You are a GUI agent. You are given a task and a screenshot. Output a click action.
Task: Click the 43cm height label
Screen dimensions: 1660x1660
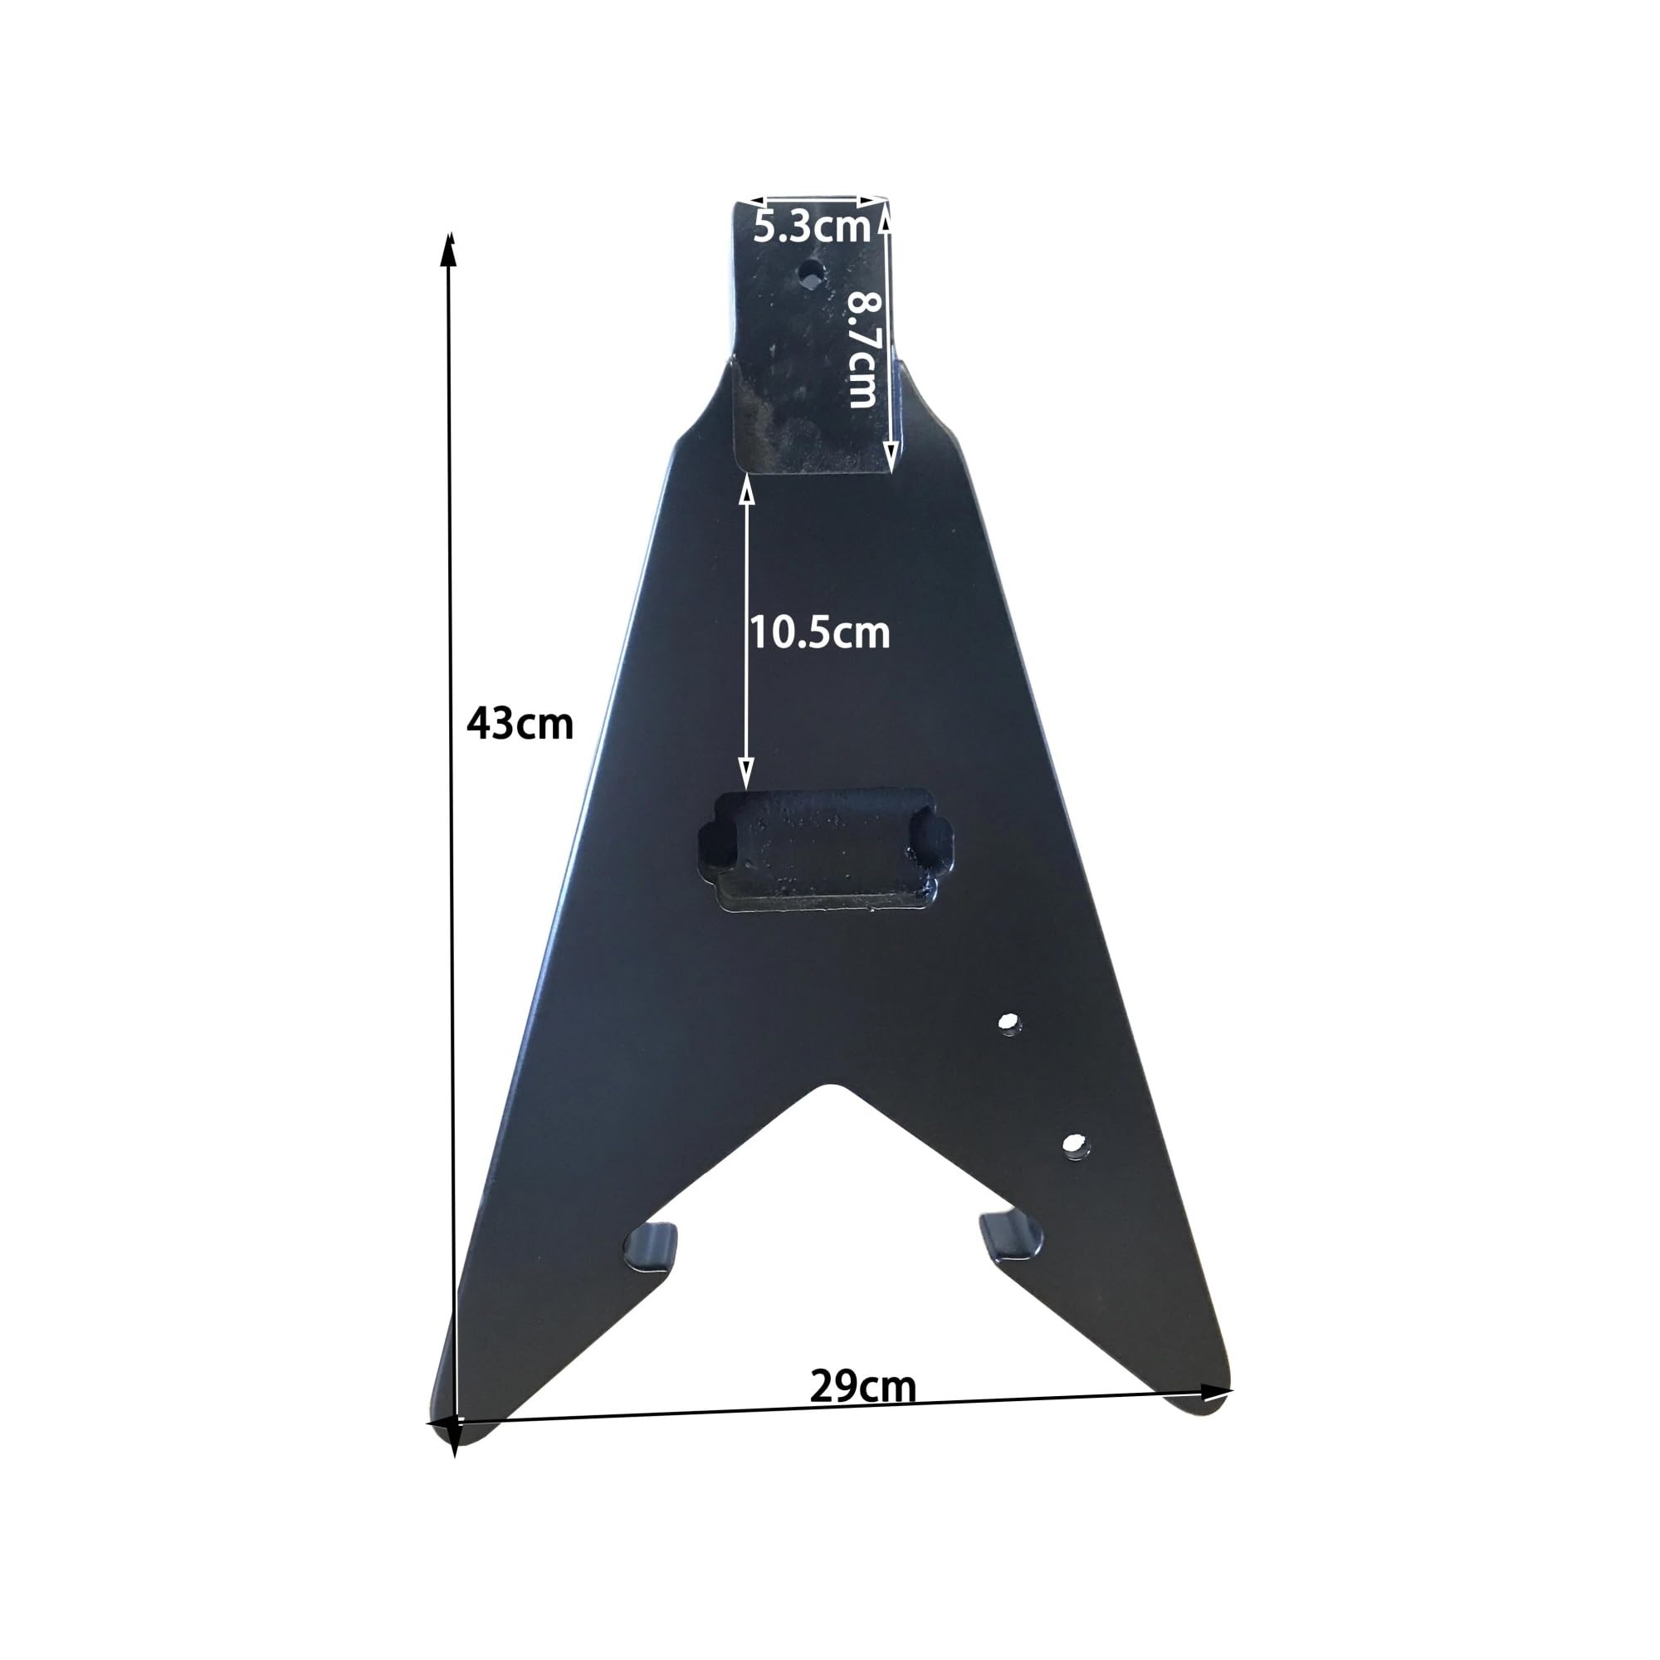coord(519,725)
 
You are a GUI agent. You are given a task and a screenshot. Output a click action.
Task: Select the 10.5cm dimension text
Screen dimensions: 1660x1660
coord(820,633)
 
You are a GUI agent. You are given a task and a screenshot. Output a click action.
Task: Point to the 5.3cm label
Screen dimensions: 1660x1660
coord(812,227)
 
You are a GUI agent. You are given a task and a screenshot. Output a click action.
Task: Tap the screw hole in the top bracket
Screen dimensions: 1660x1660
coord(809,274)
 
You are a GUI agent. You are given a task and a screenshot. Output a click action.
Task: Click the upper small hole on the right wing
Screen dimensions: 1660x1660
coord(1008,1023)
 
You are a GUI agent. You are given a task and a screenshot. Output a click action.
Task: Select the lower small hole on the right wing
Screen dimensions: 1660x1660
coord(1074,1145)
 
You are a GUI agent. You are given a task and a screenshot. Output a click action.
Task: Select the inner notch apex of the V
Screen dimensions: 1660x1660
coord(828,1087)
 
